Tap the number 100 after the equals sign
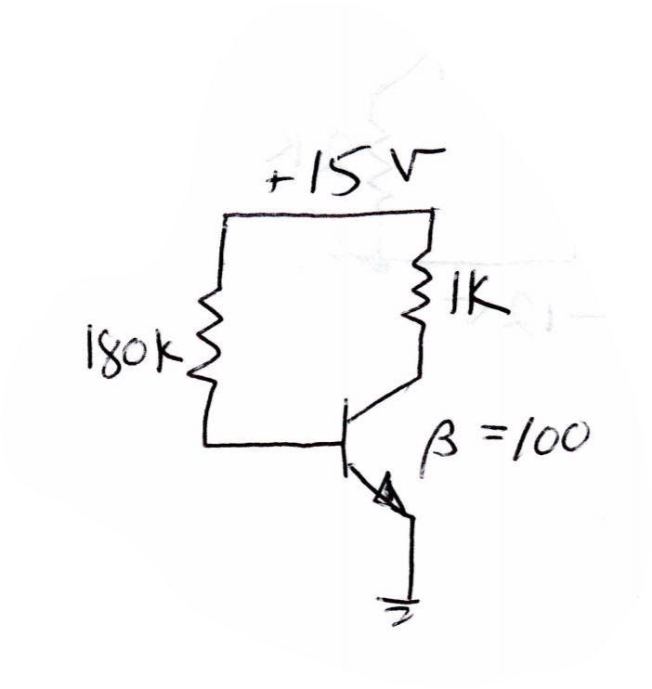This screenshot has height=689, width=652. [x=548, y=440]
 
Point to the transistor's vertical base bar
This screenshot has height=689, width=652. [x=346, y=444]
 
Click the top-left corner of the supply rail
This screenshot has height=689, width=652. [x=226, y=215]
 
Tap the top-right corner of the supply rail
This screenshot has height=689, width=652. [x=433, y=213]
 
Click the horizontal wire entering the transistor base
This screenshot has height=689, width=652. [x=274, y=445]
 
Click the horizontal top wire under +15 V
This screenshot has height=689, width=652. [x=330, y=214]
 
